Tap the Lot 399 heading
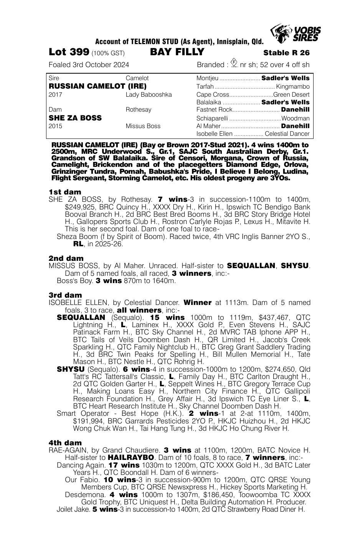point(69,52)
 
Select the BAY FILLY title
point(177,52)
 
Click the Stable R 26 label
point(286,53)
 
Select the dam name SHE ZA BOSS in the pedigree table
point(75,118)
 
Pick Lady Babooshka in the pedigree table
point(149,94)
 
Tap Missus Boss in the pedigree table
point(143,126)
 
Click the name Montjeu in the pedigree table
point(207,78)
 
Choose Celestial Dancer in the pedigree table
point(287,134)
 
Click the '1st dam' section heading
point(65,192)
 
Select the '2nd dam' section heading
point(66,258)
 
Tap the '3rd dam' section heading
point(65,295)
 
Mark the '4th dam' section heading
point(65,443)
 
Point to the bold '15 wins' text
point(167,318)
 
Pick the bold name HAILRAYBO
point(131,458)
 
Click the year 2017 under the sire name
point(56,94)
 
